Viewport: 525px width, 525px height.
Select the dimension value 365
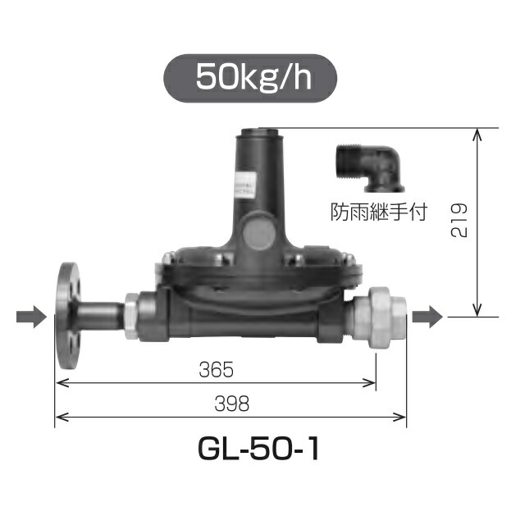click(217, 370)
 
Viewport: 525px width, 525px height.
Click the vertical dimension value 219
click(459, 221)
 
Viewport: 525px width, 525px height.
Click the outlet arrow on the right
click(427, 315)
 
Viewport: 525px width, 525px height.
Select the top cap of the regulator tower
click(259, 130)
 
